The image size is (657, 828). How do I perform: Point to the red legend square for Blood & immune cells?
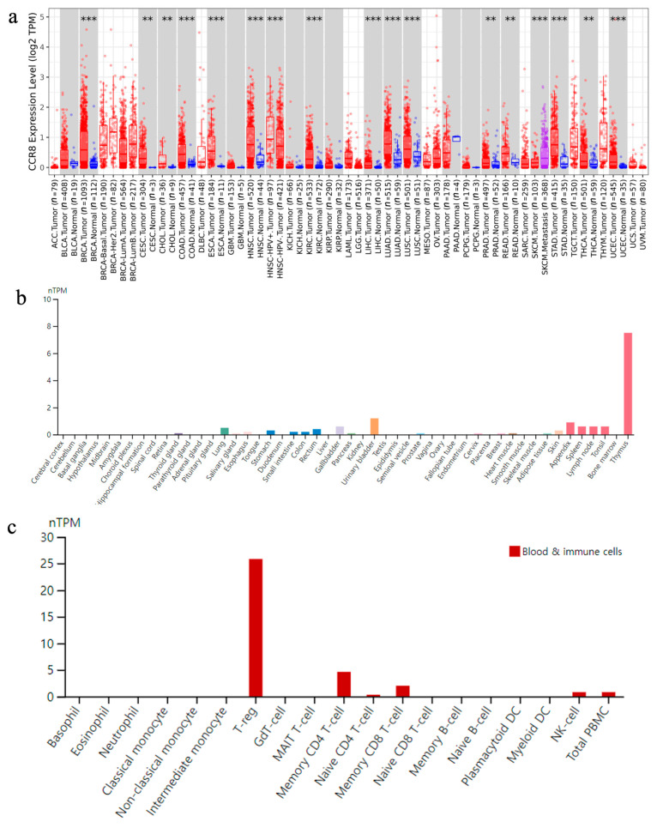click(x=515, y=551)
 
